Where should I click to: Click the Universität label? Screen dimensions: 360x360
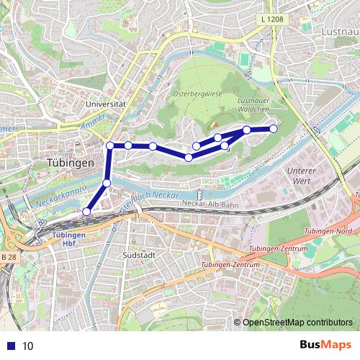(105, 104)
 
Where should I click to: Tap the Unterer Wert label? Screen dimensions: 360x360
(302, 176)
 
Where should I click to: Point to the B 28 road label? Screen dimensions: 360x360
(9, 256)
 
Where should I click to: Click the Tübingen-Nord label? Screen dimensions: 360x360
(328, 232)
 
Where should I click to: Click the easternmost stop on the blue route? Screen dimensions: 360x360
(274, 129)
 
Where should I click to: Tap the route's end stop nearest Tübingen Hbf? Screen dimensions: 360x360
(86, 212)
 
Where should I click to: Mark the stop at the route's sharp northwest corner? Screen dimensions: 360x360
(110, 145)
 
